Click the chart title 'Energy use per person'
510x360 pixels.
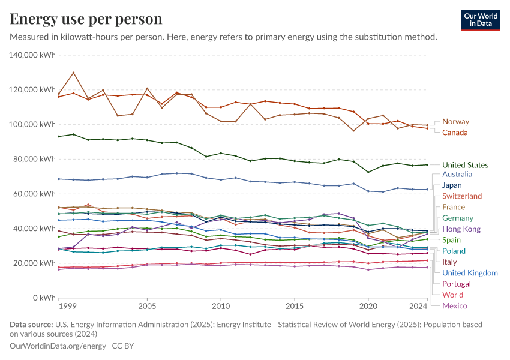(x=86, y=19)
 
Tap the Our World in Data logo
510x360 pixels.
(x=481, y=20)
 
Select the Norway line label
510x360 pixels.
(x=455, y=122)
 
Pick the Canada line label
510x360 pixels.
(x=455, y=133)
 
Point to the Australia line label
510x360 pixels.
(x=457, y=174)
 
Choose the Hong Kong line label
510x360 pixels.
(x=461, y=229)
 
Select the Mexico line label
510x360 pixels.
(x=454, y=306)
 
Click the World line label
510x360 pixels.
(x=452, y=295)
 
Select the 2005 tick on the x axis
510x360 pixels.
(x=147, y=307)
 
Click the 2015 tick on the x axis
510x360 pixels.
(x=295, y=307)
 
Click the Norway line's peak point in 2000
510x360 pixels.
(x=73, y=73)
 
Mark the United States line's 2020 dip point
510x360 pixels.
(x=368, y=172)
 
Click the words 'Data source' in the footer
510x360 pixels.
(x=31, y=325)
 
